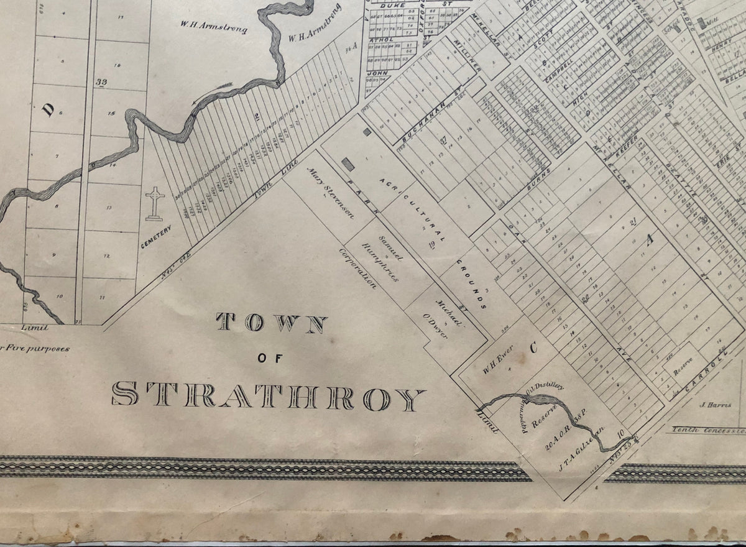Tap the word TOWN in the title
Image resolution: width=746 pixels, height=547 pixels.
click(272, 323)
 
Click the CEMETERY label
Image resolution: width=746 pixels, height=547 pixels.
click(155, 234)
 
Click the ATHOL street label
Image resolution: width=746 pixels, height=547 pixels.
click(379, 38)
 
